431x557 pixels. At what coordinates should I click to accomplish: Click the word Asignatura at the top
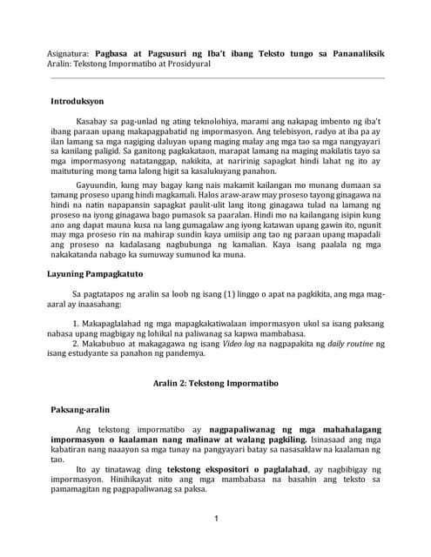(x=68, y=53)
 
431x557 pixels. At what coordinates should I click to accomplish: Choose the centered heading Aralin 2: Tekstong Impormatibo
(x=214, y=382)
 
